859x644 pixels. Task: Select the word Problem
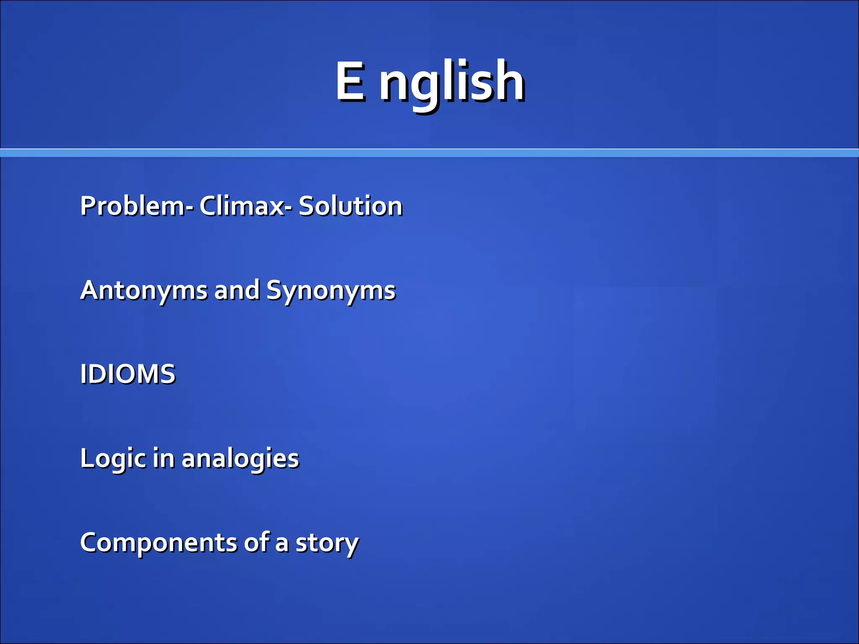click(x=132, y=206)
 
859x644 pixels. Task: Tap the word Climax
click(x=242, y=206)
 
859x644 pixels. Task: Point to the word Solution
click(x=350, y=206)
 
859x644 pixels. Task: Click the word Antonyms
click(x=143, y=291)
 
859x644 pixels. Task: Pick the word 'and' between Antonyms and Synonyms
click(x=237, y=290)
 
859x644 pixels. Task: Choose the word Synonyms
click(x=331, y=291)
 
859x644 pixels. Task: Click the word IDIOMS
click(x=128, y=374)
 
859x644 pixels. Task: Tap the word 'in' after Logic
click(x=163, y=457)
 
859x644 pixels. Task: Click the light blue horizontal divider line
click(x=429, y=153)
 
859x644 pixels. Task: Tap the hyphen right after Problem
click(x=191, y=208)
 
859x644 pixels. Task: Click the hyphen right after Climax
click(x=289, y=208)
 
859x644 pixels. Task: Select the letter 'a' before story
click(x=282, y=544)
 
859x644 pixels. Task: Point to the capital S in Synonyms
click(x=275, y=290)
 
